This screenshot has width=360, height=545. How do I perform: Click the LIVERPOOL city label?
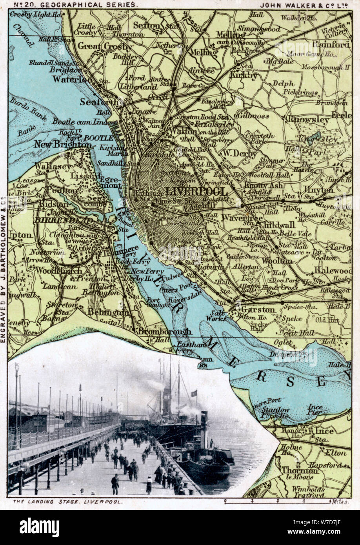point(196,192)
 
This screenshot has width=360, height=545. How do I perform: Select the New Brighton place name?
point(62,144)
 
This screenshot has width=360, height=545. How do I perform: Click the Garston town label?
point(253,309)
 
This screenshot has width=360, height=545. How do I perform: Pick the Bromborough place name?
point(164,331)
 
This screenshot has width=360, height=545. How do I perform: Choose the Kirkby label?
point(243,74)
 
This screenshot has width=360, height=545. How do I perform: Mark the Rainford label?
point(331,44)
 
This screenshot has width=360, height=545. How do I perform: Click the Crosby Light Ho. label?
point(36,15)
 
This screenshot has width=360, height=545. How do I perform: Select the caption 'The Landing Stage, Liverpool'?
point(67,501)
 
